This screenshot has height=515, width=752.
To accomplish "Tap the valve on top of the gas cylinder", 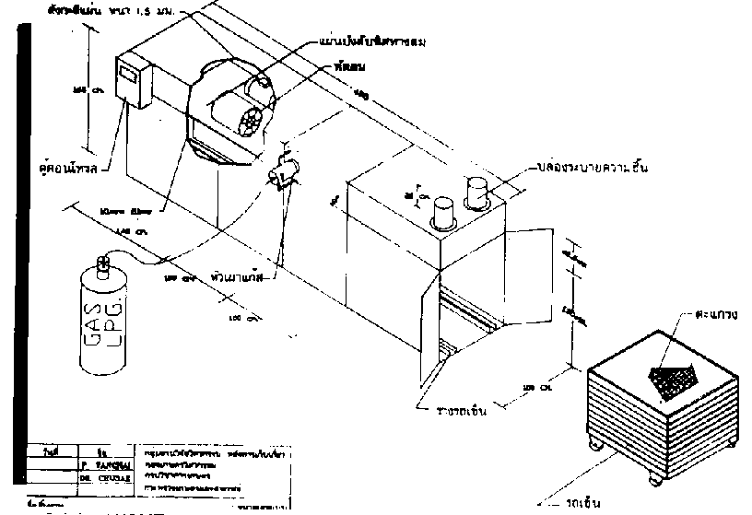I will pyautogui.click(x=104, y=265).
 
